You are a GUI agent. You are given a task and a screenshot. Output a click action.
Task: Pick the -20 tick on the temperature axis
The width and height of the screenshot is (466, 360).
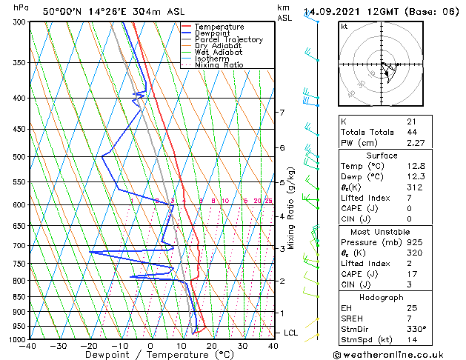click(x=89, y=346)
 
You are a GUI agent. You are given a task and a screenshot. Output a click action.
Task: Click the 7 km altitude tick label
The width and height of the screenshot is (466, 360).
click(x=281, y=113)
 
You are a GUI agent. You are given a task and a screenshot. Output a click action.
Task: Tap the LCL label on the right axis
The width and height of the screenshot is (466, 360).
click(x=290, y=333)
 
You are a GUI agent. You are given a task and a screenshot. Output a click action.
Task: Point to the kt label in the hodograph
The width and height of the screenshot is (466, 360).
click(x=344, y=26)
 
